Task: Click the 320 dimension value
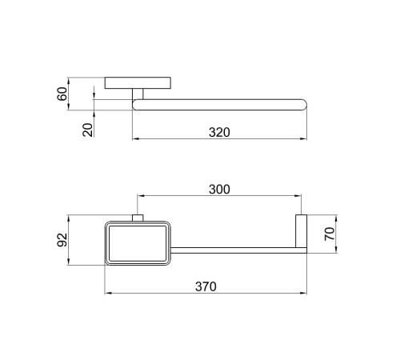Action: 219,133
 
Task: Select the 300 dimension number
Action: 219,190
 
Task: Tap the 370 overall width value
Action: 206,286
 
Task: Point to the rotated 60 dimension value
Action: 62,94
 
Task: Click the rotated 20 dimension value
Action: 88,130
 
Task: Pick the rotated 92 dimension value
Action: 62,240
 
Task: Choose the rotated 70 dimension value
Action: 330,234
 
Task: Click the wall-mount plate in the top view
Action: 138,83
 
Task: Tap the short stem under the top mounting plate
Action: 138,94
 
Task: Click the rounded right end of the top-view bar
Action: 303,105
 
